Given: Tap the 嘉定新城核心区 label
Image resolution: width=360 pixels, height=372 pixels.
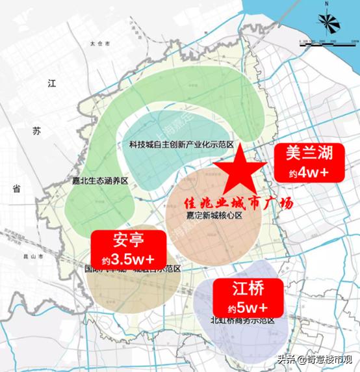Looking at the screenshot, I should [x=214, y=215].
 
